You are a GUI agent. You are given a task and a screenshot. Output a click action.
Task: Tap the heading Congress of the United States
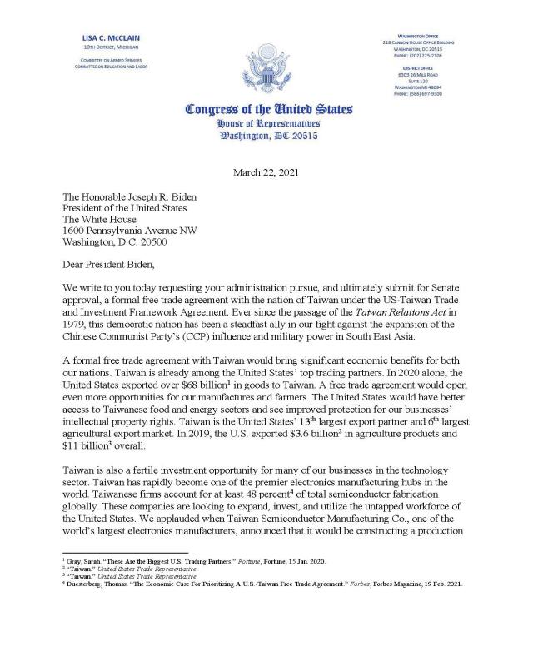point(267,110)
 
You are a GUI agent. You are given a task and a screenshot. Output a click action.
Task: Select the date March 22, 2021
point(267,173)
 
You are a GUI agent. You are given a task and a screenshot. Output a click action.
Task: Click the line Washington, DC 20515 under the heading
point(267,137)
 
